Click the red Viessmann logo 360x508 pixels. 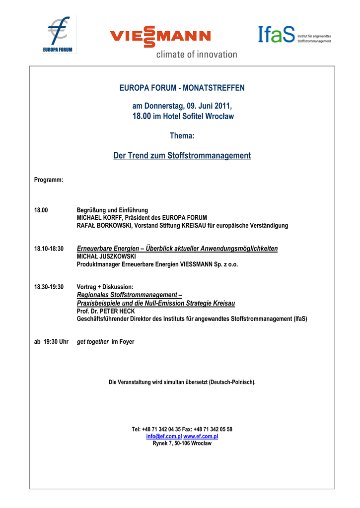[x=160, y=36]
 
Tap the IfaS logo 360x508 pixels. [x=294, y=35]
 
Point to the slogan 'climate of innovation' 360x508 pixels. [x=197, y=55]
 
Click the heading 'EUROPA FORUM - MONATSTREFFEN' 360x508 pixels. [x=182, y=88]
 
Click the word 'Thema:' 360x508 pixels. [x=182, y=135]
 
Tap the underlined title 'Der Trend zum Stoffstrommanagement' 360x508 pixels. [x=182, y=156]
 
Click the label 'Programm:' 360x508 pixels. [x=48, y=180]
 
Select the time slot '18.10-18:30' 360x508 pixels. [x=49, y=249]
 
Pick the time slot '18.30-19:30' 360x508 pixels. [x=49, y=287]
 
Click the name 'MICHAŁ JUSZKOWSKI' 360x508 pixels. [x=106, y=256]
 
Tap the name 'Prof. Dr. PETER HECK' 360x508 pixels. [x=106, y=311]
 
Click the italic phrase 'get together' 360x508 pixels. [x=92, y=342]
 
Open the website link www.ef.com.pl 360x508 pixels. [x=201, y=436]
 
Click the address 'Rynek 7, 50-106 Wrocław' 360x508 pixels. [x=182, y=444]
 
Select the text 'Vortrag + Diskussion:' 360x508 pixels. [x=105, y=287]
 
